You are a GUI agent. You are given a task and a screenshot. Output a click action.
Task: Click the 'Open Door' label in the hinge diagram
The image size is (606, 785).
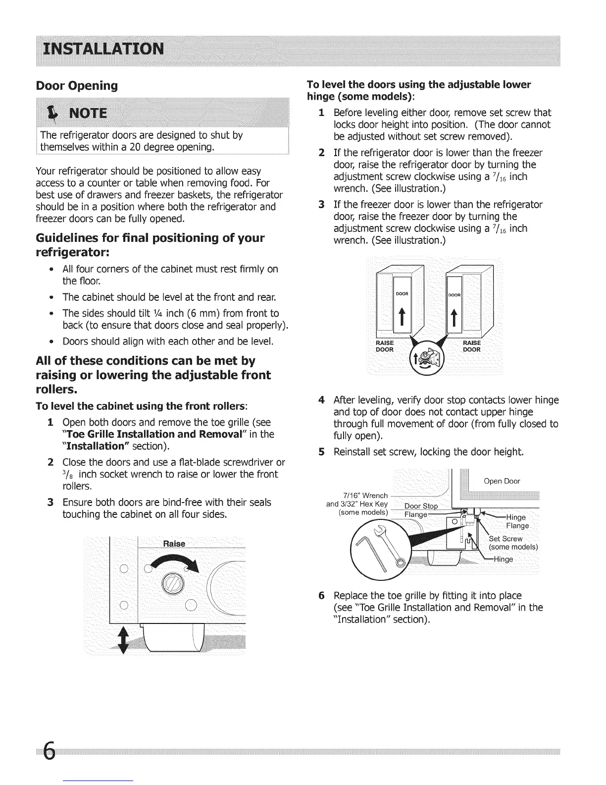pyautogui.click(x=502, y=481)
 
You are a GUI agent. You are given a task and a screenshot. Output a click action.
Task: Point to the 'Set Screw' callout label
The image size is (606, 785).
pyautogui.click(x=505, y=539)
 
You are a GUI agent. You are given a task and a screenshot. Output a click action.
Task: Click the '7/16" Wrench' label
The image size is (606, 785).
pyautogui.click(x=365, y=496)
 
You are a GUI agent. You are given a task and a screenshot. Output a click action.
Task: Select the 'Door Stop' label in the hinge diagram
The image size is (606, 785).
pyautogui.click(x=421, y=506)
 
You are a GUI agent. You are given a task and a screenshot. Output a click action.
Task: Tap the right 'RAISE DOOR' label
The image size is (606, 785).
pyautogui.click(x=471, y=346)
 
